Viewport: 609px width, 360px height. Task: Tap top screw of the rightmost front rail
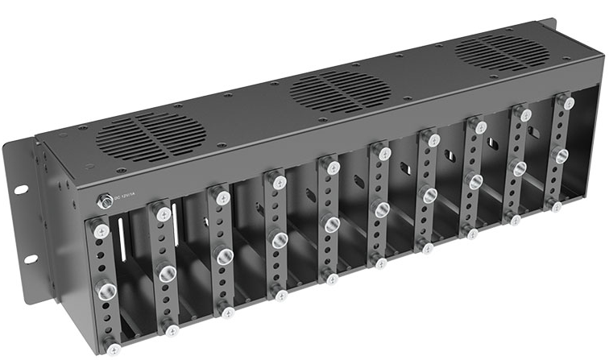[569, 103]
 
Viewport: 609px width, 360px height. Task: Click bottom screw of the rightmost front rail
[555, 206]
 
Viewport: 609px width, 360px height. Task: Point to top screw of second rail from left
[164, 214]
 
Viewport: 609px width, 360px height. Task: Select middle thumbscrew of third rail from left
[222, 254]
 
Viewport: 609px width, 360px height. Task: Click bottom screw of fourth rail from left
[280, 296]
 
